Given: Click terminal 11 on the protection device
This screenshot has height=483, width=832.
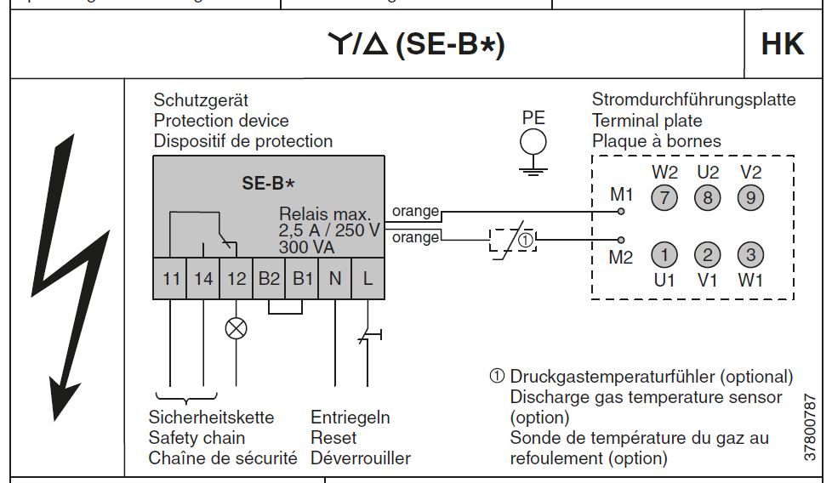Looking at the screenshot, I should click(x=171, y=278).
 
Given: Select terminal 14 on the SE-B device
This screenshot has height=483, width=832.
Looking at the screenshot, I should click(x=203, y=278).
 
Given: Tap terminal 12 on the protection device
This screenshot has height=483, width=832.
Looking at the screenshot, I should click(x=236, y=278).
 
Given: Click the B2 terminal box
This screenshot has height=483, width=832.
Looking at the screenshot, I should click(x=269, y=278).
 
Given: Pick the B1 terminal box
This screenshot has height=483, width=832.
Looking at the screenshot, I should click(x=302, y=278).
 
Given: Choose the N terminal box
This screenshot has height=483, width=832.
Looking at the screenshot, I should click(x=335, y=278).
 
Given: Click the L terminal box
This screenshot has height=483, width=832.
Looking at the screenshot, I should click(x=368, y=278).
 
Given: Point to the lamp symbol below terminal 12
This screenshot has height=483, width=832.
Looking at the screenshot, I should click(x=236, y=327).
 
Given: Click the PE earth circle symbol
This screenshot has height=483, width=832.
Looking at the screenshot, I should click(x=533, y=141).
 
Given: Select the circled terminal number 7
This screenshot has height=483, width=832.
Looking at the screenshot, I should click(x=664, y=199).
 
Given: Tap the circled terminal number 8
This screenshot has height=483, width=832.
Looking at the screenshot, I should click(x=707, y=199).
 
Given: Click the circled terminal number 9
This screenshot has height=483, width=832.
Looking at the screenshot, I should click(x=750, y=199).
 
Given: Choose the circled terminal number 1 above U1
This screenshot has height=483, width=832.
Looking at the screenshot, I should click(x=664, y=254).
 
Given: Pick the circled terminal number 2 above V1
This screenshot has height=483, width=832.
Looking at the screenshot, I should click(x=707, y=254).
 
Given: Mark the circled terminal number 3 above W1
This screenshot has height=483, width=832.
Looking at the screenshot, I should click(x=750, y=254).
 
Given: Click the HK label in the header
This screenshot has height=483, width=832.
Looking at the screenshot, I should click(x=783, y=45).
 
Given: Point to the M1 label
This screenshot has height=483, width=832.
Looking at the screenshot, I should click(x=622, y=196).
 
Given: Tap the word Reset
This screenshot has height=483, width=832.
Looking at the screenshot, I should click(x=333, y=438).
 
